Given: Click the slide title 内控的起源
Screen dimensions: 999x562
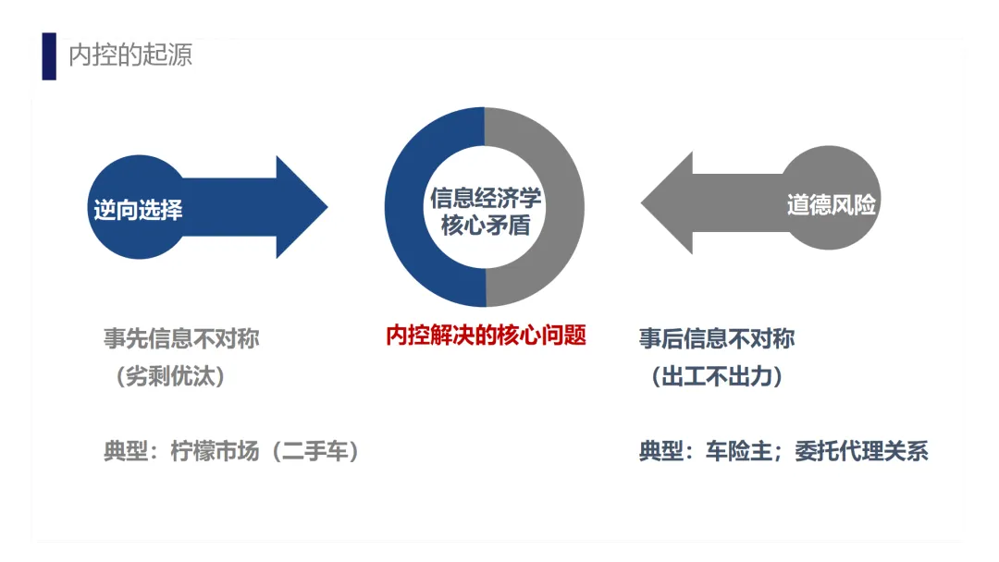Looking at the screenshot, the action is [x=130, y=55].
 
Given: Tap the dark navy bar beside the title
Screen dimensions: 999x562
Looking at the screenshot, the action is [x=49, y=56].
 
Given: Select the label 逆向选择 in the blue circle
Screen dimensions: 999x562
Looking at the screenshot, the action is [x=138, y=210].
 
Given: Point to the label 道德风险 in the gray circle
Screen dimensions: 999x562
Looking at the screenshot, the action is [x=831, y=204].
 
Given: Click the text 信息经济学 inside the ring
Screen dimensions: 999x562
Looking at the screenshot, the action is [x=485, y=196].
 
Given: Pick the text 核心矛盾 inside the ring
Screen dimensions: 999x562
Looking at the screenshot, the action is [x=485, y=225].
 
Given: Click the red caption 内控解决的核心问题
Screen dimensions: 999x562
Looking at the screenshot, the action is [x=486, y=335].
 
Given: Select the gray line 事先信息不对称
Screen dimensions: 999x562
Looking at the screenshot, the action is [x=181, y=338].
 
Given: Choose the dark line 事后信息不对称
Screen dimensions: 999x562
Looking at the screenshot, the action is [x=717, y=338].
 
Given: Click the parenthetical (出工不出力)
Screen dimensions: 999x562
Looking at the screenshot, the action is [x=717, y=377].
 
